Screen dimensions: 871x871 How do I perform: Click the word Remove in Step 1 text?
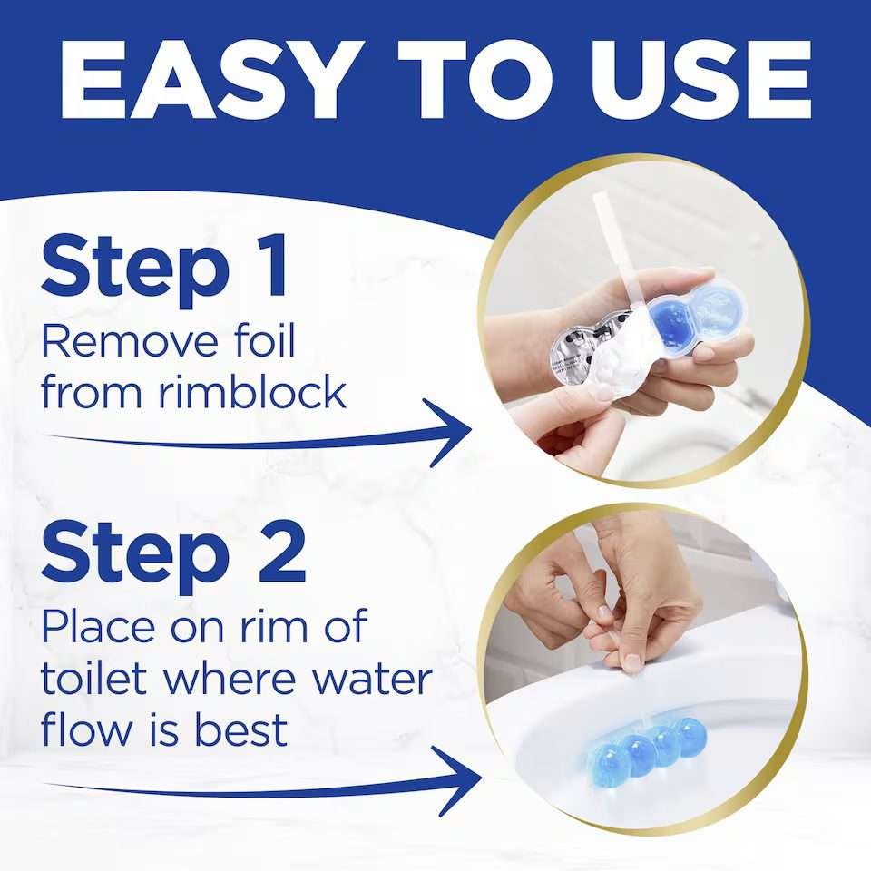coord(130,342)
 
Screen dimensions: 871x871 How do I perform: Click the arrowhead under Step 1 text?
coord(449,433)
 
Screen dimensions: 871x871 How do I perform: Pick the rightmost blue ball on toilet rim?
coord(690,736)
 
